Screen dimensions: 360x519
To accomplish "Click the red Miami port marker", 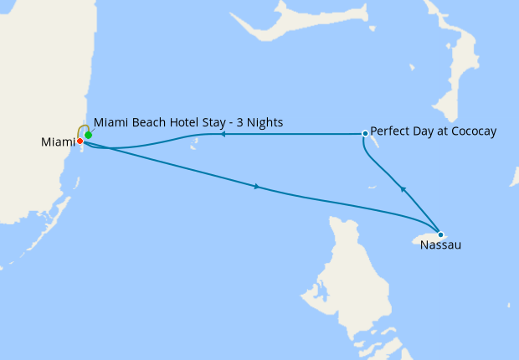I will pyautogui.click(x=80, y=141).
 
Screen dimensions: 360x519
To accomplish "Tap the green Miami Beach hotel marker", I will pyautogui.click(x=88, y=135).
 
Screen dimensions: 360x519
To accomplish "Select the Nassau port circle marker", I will pyautogui.click(x=440, y=234).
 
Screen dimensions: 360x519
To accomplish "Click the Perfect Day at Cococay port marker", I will pyautogui.click(x=365, y=133).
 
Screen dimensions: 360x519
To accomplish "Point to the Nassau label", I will pyautogui.click(x=440, y=245).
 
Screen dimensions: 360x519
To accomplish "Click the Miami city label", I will pyautogui.click(x=57, y=143).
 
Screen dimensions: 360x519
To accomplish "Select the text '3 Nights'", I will pyautogui.click(x=261, y=123).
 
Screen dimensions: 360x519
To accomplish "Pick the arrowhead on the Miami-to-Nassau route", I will pyautogui.click(x=256, y=187).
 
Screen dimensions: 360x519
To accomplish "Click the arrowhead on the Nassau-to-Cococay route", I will pyautogui.click(x=403, y=189).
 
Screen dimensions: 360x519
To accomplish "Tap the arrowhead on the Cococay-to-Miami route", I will pyautogui.click(x=224, y=134).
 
